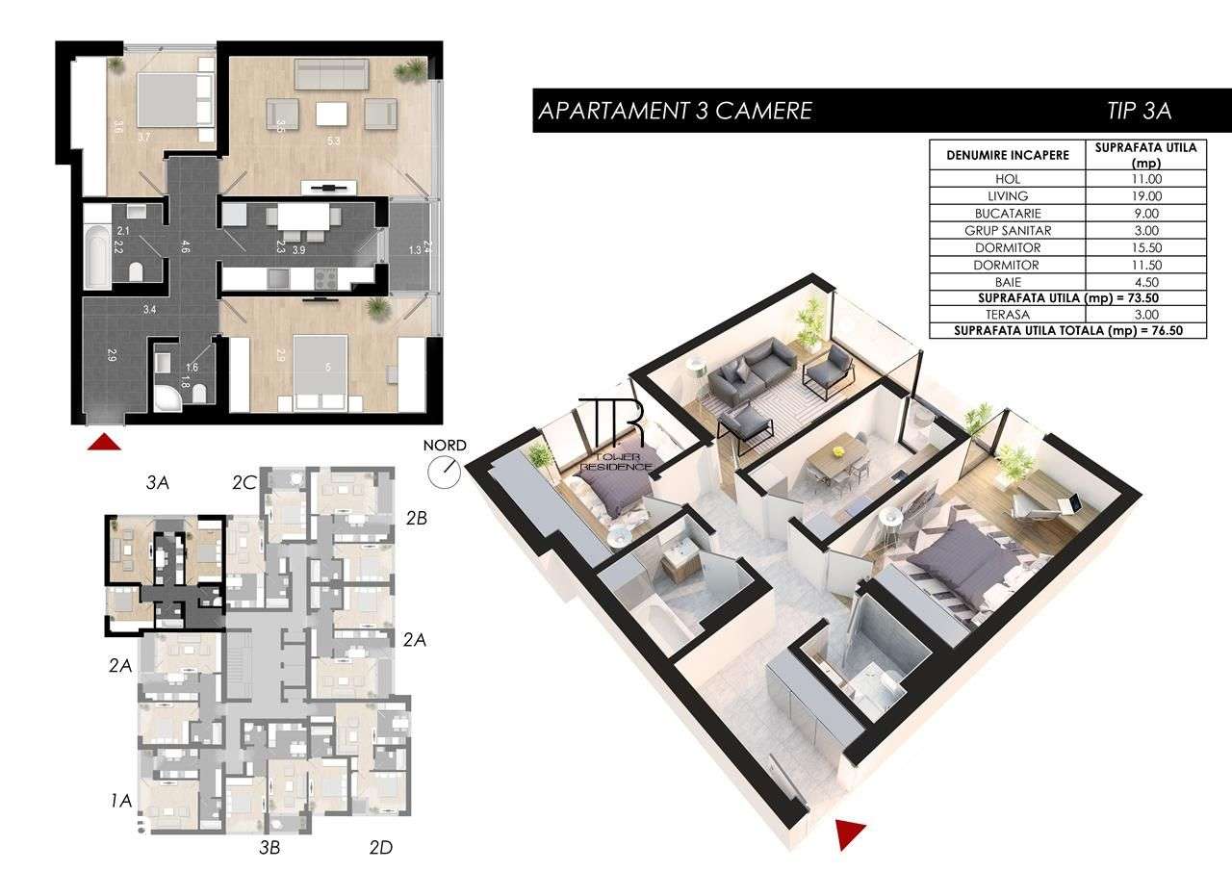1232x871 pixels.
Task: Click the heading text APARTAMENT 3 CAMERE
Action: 674,111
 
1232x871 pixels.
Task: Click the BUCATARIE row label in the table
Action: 1007,214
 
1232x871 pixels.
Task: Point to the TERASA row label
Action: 1007,315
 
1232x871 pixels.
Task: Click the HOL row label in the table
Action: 1007,179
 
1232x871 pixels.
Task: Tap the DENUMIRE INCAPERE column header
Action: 1007,155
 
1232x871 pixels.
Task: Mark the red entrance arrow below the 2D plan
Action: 104,442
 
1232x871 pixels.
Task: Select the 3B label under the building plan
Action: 269,848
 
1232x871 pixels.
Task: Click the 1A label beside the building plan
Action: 120,799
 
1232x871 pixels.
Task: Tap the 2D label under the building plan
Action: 381,848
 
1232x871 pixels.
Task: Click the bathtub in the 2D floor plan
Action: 95,256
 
